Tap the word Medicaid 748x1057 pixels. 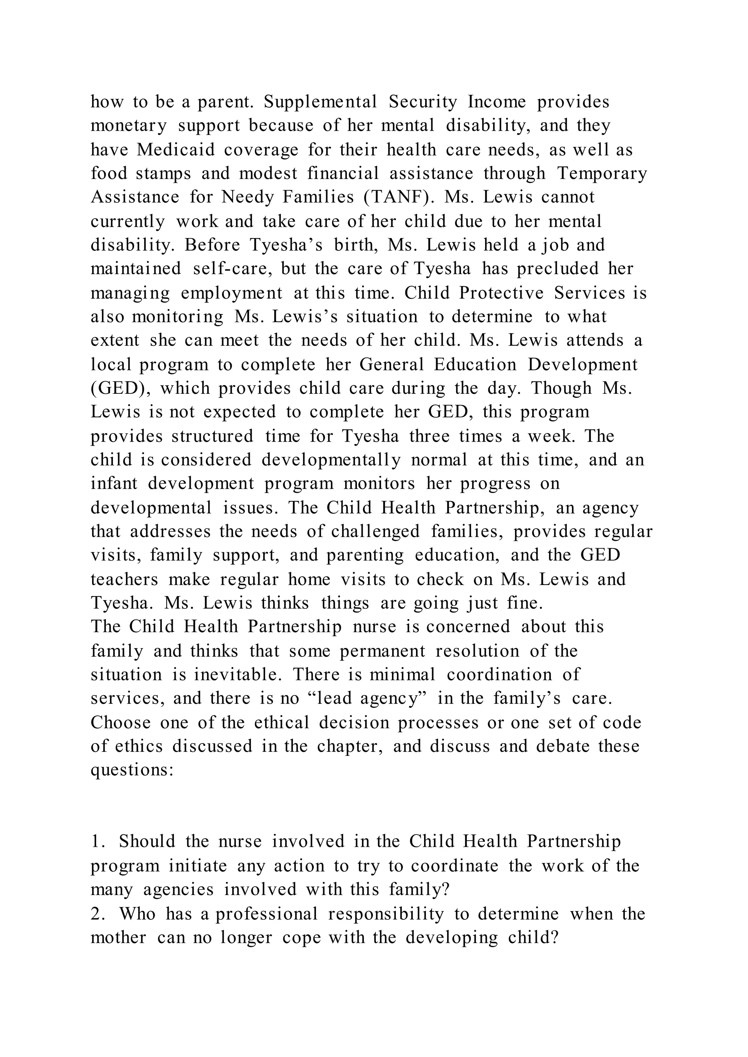click(175, 150)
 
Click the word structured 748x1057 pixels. click(212, 436)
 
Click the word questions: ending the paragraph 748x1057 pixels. click(132, 770)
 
